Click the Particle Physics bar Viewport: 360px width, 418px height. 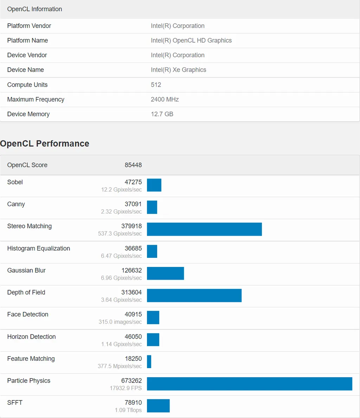coord(249,384)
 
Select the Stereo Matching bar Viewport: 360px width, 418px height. coord(204,229)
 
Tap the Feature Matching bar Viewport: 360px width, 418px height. coord(149,361)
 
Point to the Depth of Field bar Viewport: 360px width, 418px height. coord(194,295)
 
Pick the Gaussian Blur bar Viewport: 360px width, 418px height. coord(165,273)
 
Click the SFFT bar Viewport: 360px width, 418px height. coord(158,406)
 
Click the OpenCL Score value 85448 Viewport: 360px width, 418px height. coord(133,165)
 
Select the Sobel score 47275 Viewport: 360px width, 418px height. coord(133,182)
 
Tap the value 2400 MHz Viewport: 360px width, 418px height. coord(165,99)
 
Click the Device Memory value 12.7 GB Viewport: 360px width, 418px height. coord(162,114)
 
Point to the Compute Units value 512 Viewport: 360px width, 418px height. coord(156,85)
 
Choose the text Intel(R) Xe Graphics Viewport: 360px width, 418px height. coord(178,70)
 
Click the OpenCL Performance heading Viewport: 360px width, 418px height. coord(45,144)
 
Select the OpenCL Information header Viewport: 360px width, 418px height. coord(34,9)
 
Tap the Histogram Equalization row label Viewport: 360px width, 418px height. coord(38,248)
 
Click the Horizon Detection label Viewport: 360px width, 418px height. coord(31,337)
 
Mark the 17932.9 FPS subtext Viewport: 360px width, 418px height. coord(126,388)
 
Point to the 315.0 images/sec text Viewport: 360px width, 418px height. coord(120,322)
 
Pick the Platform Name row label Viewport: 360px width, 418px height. coord(27,40)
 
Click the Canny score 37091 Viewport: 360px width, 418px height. coord(133,204)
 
